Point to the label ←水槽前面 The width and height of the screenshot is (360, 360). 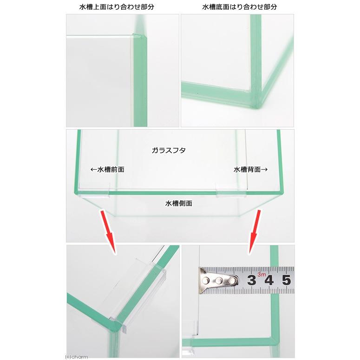pyautogui.click(x=107, y=170)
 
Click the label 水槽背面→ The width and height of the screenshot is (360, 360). pyautogui.click(x=250, y=170)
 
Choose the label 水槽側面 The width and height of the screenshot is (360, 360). pyautogui.click(x=179, y=203)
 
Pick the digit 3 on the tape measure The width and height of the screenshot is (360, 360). pyautogui.click(x=252, y=280)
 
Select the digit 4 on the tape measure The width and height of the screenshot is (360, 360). pyautogui.click(x=269, y=280)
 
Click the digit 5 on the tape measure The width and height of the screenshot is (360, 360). pyautogui.click(x=286, y=280)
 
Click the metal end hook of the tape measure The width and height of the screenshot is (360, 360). pyautogui.click(x=218, y=280)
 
